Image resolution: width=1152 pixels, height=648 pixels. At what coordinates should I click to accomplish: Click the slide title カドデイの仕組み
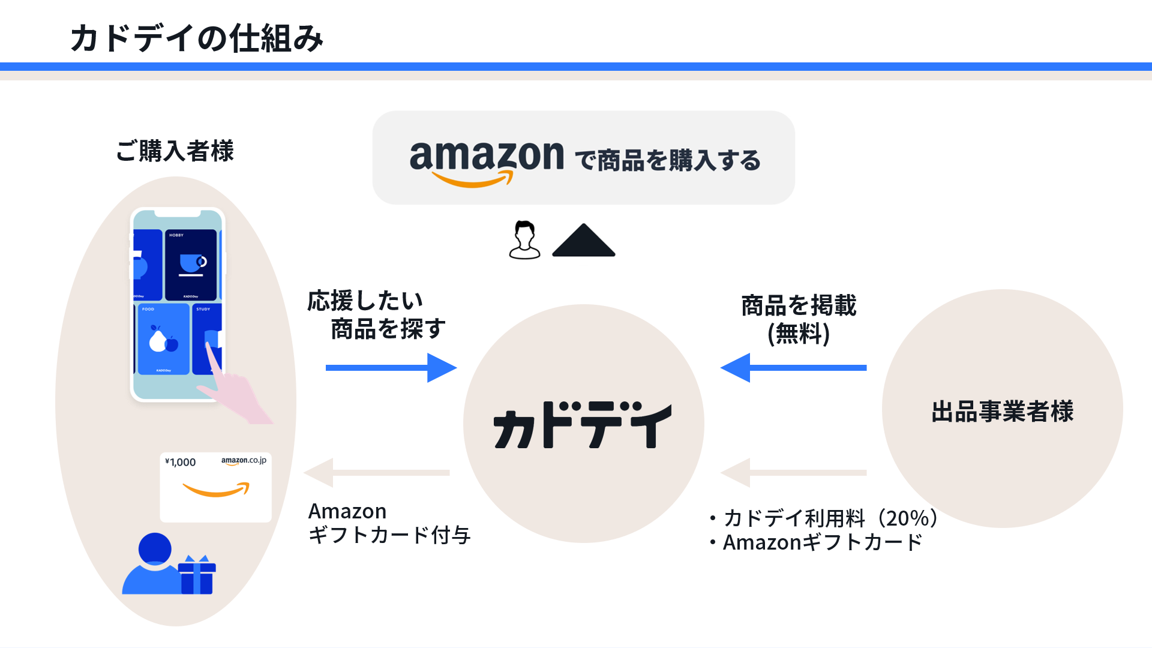(197, 38)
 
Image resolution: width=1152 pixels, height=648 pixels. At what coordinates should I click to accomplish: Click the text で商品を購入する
(667, 161)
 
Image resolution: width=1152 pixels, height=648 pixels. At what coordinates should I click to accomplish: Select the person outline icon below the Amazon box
(524, 240)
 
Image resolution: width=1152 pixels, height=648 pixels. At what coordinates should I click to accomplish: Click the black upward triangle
(583, 241)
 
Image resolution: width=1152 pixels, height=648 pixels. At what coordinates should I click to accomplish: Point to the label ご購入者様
(175, 151)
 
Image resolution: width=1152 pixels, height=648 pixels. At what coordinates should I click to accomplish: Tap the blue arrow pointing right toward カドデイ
(391, 368)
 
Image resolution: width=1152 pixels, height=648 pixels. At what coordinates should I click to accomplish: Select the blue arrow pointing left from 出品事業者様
(793, 368)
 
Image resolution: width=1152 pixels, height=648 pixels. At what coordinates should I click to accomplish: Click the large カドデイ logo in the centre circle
(582, 425)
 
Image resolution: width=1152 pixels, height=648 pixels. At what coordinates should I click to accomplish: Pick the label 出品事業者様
(1002, 412)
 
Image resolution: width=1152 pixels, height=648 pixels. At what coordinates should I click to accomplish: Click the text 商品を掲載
(799, 305)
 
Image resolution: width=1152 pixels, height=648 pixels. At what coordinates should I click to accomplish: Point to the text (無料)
(799, 334)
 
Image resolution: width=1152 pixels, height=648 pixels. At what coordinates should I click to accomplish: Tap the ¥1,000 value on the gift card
(181, 462)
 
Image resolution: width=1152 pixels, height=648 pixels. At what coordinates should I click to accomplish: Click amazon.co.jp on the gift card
(244, 461)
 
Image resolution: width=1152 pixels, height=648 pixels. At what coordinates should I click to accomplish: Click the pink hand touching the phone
(234, 390)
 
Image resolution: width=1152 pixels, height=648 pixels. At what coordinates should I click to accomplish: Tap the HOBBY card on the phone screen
(191, 265)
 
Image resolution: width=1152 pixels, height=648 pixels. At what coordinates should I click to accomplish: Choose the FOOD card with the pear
(163, 339)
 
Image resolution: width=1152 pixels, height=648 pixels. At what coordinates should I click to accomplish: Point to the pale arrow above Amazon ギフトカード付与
(377, 473)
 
